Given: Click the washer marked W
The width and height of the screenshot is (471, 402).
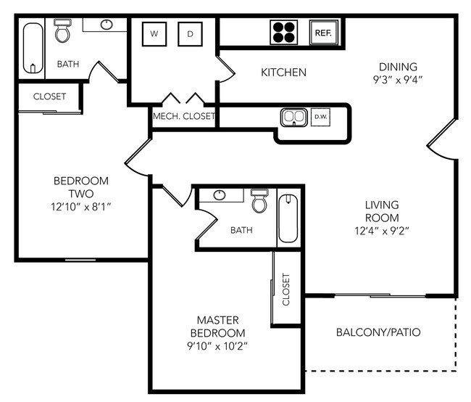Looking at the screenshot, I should pos(154,33).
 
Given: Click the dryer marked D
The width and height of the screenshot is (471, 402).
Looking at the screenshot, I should pos(191,33).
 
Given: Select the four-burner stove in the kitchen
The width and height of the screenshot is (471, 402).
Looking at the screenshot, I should pos(284,32).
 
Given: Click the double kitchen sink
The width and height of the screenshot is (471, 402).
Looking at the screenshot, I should pos(293,117).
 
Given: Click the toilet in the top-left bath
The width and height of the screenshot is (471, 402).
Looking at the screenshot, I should pos(63,33).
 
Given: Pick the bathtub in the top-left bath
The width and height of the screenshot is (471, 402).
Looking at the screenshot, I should pos(32,48).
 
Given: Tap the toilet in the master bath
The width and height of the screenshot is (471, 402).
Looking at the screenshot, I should pos(259,201).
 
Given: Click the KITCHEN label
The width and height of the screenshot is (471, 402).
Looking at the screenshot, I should pos(283,73).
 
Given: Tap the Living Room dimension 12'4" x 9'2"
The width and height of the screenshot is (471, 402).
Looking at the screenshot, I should pos(381,231).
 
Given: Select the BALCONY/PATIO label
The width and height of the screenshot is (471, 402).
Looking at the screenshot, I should pos(378,333).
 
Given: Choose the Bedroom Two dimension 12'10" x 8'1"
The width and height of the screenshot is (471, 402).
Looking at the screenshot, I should pos(80,207).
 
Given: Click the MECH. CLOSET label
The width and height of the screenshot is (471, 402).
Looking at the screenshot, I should pos(183,116).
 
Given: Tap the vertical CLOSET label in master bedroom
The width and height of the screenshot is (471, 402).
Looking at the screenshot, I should pos(285,289).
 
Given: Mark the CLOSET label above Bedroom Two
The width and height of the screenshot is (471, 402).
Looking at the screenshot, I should pos(49,97).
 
